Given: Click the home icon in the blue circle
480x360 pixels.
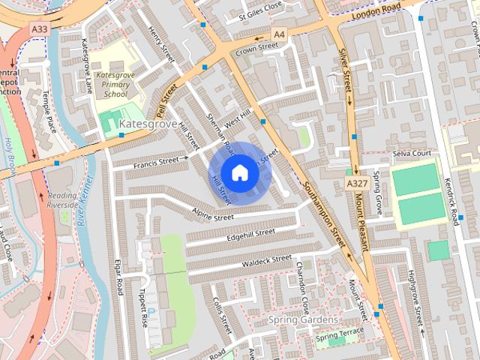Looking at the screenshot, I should pyautogui.click(x=239, y=172).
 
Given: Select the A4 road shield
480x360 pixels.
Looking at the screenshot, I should pyautogui.click(x=279, y=34).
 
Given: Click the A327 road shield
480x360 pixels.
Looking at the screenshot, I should pyautogui.click(x=355, y=183).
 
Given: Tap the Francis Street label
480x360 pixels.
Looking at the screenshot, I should pyautogui.click(x=160, y=160).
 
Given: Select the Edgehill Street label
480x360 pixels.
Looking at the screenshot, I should pyautogui.click(x=251, y=235).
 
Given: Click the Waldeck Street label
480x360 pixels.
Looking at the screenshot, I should pyautogui.click(x=266, y=261).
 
